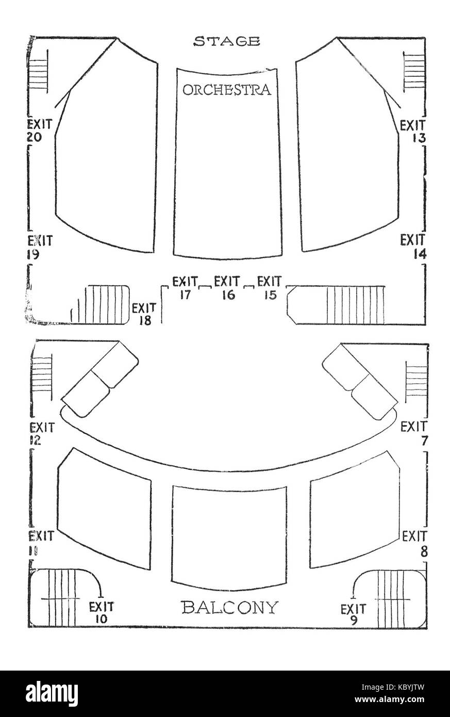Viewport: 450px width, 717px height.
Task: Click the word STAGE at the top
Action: point(226,42)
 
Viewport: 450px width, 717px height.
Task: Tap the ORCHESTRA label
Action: point(227,90)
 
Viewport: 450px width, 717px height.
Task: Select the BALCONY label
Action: point(229,607)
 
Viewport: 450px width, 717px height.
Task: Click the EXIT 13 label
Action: point(412,131)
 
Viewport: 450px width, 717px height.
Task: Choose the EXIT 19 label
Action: point(40,247)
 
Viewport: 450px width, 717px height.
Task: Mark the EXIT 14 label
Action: point(412,246)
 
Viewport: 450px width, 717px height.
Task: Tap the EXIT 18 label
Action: point(144,314)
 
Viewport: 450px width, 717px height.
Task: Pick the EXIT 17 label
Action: point(185,288)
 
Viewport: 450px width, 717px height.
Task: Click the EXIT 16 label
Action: point(227,288)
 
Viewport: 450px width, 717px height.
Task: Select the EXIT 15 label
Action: point(269,288)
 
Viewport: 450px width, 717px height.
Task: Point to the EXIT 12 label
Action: point(41,433)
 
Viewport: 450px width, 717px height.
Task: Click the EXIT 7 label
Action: point(413,433)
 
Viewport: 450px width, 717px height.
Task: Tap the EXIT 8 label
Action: point(414,543)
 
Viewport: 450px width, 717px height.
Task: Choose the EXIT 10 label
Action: point(102,612)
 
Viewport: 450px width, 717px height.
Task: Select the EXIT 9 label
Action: point(353,614)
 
